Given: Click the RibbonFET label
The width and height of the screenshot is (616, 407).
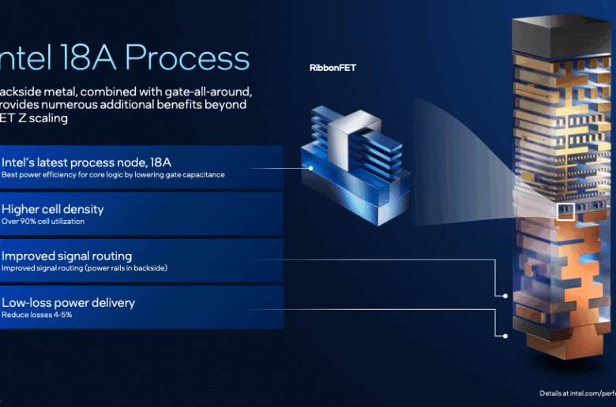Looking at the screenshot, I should tap(332, 68).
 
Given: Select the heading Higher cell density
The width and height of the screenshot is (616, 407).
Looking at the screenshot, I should tap(52, 209).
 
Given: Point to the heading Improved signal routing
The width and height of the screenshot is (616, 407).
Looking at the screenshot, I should tap(66, 256).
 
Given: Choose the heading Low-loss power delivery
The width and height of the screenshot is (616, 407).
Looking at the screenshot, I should tap(68, 303).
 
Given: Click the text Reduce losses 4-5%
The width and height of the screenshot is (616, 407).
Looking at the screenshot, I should tap(37, 316).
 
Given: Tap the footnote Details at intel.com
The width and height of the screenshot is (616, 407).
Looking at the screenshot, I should tap(577, 393).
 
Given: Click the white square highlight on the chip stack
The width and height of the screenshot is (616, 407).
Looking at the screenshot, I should tap(565, 211).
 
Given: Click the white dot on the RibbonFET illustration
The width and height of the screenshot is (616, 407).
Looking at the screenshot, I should tap(310, 167).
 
